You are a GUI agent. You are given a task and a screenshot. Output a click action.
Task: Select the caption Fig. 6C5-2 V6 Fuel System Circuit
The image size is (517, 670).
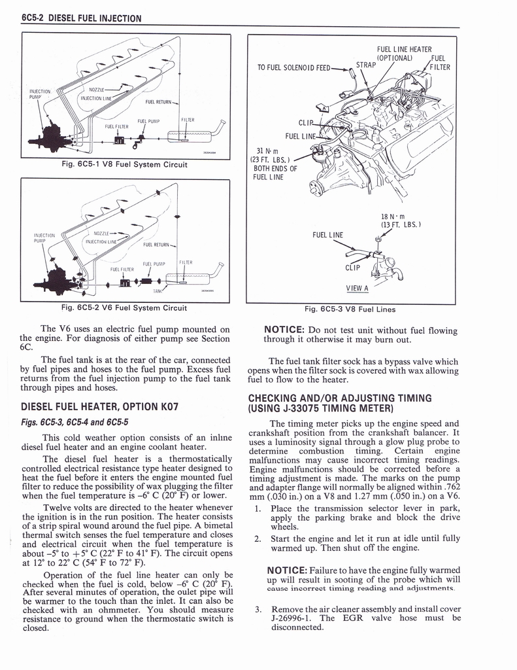coord(124,308)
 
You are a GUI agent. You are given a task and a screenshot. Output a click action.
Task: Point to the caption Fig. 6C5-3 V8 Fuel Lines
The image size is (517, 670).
coord(350,309)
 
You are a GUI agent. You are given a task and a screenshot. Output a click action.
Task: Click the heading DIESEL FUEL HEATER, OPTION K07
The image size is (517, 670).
coord(101,406)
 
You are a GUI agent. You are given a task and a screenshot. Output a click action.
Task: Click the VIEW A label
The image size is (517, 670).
coord(357,288)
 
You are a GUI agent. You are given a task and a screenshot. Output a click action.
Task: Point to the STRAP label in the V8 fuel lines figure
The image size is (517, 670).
coord(367,65)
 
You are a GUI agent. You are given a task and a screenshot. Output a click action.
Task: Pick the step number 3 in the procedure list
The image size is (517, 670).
coord(258,609)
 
